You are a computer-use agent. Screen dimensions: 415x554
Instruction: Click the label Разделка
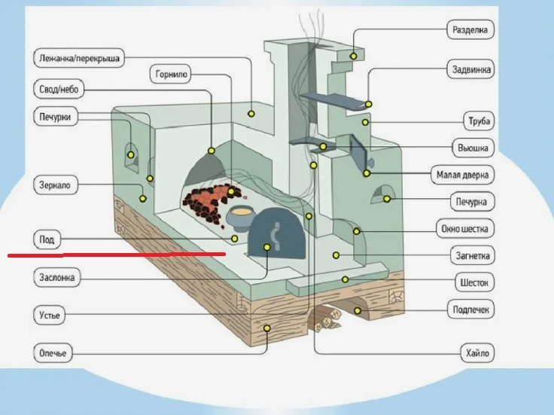(x=472, y=31)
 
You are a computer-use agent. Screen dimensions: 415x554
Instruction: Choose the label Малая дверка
(x=463, y=175)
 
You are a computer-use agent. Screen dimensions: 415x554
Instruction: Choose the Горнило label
(x=172, y=75)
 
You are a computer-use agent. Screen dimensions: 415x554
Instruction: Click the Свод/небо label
(x=59, y=90)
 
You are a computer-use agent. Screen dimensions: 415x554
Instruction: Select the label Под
(x=47, y=240)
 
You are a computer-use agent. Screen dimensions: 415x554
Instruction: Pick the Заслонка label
(x=56, y=277)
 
